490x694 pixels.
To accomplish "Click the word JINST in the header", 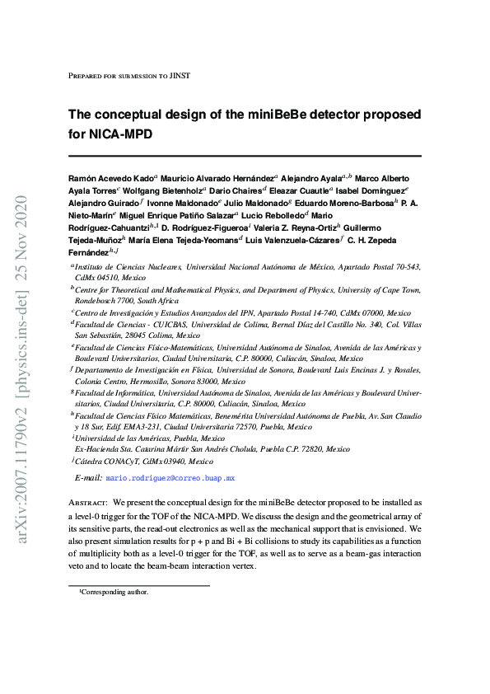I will [180, 76].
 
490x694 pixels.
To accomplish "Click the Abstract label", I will [88, 501].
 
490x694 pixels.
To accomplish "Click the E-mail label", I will [88, 478].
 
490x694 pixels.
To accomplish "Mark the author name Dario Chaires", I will [237, 190].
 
